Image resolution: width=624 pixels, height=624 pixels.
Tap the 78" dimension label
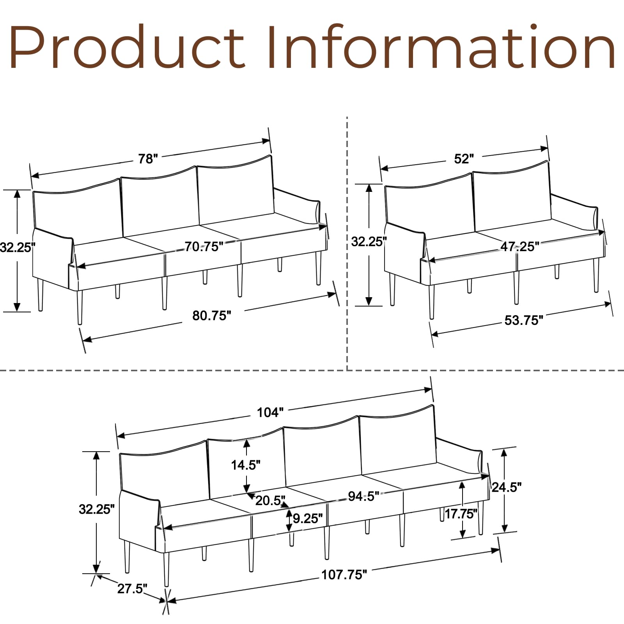[x=148, y=159]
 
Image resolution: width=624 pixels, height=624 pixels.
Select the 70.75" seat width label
[x=204, y=246]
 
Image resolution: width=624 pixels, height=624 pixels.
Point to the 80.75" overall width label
[x=212, y=316]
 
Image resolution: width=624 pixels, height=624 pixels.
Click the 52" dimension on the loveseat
[x=464, y=159]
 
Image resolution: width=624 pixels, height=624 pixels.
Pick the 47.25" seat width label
[x=519, y=246]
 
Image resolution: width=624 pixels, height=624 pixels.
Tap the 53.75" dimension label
[x=523, y=320]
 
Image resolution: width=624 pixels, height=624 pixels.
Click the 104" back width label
[x=270, y=412]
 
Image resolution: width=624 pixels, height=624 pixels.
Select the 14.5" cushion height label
[x=246, y=465]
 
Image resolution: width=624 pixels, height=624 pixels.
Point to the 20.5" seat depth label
[x=270, y=500]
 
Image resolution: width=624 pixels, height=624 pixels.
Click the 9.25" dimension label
[x=308, y=518]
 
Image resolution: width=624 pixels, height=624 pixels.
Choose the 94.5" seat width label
[x=363, y=496]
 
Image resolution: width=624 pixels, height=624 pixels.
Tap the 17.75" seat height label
[x=461, y=514]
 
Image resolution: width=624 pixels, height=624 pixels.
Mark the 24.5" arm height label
[x=506, y=487]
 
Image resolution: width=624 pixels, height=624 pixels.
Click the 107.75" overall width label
[x=344, y=574]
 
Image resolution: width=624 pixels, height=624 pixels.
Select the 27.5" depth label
[x=132, y=589]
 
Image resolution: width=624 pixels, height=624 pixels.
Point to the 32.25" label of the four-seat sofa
[x=96, y=509]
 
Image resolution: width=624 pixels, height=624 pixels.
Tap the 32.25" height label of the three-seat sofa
[x=18, y=247]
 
